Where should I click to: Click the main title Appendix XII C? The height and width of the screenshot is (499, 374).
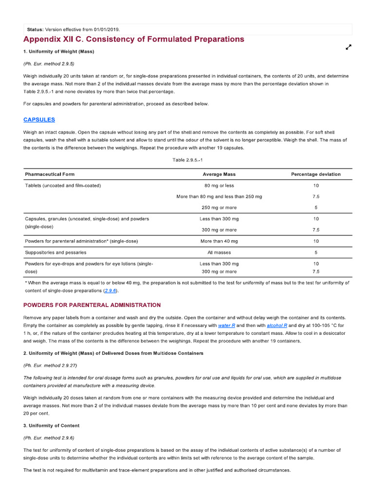(134, 39)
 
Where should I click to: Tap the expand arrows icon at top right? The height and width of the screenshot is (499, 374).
(348, 47)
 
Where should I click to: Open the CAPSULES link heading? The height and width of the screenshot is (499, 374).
(39, 119)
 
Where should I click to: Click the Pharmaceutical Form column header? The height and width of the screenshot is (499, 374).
(50, 174)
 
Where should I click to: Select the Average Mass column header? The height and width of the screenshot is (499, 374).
(219, 174)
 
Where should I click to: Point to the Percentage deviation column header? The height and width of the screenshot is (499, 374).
(316, 174)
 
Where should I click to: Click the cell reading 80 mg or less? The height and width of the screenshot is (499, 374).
(219, 185)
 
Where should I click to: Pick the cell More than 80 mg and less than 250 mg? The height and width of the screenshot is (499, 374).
(219, 196)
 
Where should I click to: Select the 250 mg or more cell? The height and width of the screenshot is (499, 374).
(219, 208)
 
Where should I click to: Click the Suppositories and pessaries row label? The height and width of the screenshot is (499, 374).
(56, 252)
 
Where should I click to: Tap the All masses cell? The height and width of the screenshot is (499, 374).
(219, 252)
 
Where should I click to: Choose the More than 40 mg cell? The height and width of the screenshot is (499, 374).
(219, 241)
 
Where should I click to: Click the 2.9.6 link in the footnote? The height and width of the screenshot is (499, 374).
(111, 290)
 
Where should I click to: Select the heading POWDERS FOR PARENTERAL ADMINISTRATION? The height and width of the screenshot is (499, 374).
(92, 305)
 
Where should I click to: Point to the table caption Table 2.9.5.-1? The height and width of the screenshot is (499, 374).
(187, 160)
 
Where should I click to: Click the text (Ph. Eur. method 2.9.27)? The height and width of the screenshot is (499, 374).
(50, 365)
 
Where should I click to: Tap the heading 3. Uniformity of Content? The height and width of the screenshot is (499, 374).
(51, 425)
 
